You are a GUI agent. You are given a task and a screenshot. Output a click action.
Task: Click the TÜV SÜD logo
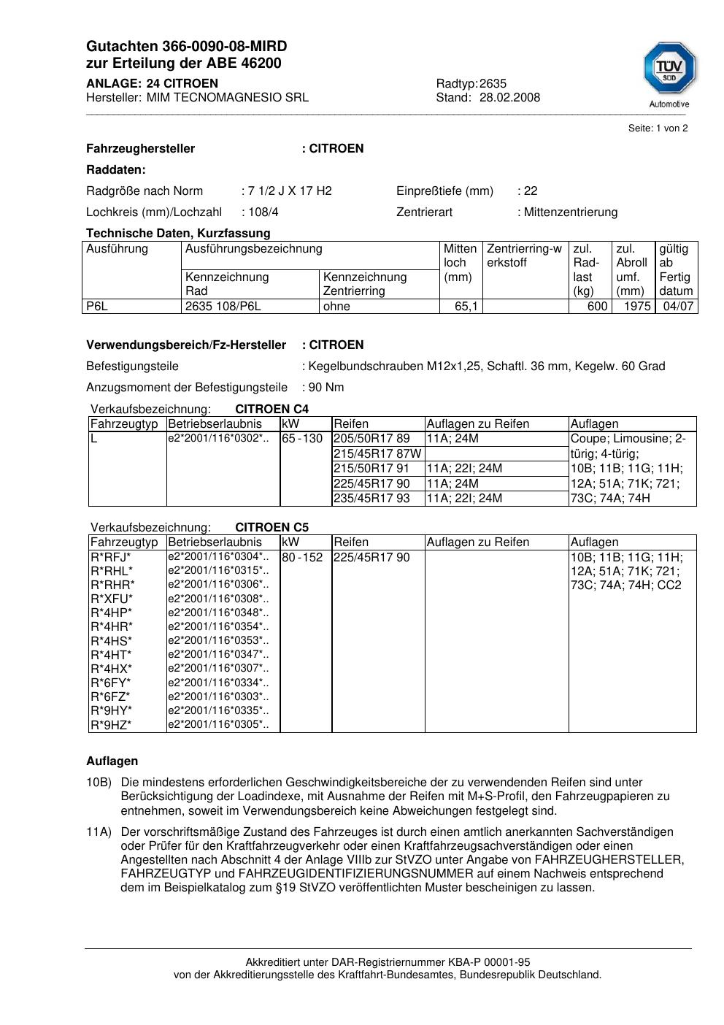(669, 69)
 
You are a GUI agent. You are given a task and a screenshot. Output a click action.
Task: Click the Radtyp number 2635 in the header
(493, 83)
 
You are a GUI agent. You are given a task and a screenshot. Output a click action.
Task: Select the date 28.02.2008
(509, 97)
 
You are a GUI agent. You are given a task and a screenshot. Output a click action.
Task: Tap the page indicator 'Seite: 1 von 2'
(658, 128)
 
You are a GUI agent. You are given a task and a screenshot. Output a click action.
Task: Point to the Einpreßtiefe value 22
(531, 191)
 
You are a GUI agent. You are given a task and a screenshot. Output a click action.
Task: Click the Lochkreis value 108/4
(263, 212)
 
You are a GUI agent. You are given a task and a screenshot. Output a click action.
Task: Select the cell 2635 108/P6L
(223, 307)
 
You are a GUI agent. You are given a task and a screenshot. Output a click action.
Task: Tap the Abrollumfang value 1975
(637, 307)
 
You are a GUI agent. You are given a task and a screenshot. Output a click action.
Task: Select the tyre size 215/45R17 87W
(377, 454)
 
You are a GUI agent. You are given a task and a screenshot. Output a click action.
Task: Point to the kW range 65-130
(302, 439)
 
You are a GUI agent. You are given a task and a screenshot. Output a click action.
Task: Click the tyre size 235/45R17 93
(371, 499)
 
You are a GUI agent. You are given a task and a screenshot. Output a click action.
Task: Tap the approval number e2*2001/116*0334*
(218, 683)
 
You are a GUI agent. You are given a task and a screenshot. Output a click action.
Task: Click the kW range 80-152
(302, 558)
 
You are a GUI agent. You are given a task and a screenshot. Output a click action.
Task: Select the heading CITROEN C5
(271, 527)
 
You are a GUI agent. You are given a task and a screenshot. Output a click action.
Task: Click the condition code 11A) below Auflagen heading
(99, 832)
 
